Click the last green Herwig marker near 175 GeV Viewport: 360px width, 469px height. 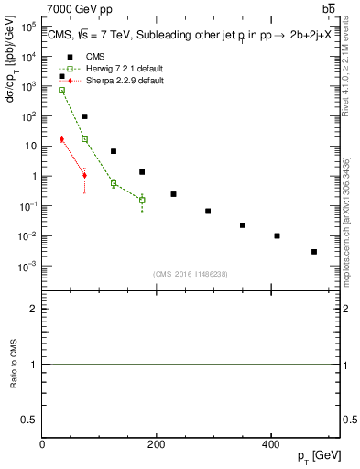coord(142,200)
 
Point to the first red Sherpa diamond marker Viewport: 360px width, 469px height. coord(61,139)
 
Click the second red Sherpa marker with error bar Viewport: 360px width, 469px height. coord(84,175)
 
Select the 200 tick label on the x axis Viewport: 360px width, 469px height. coord(156,444)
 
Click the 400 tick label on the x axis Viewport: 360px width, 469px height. coord(270,444)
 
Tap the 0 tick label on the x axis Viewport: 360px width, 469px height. coord(42,444)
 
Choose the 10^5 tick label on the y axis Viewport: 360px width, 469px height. coord(27,27)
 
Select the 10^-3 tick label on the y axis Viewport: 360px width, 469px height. coord(27,266)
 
